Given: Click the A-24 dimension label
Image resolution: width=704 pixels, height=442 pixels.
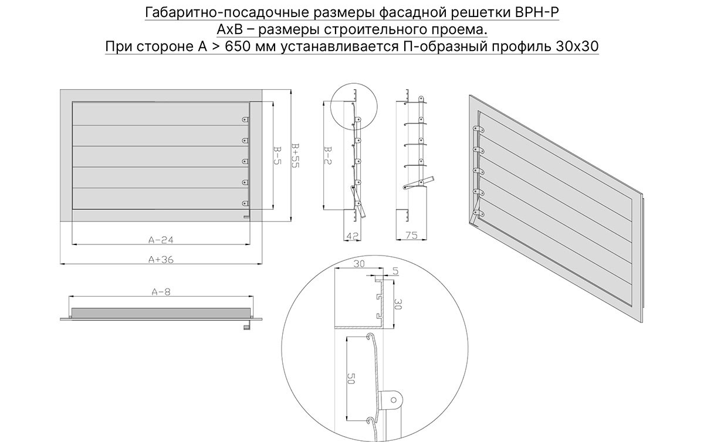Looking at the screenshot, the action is pos(161,240).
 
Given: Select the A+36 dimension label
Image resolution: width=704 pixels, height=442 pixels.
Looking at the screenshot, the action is pos(161,260).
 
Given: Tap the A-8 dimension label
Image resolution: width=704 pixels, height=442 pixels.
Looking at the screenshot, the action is pos(161,292).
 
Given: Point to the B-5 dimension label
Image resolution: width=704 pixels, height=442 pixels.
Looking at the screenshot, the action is pos(277,155).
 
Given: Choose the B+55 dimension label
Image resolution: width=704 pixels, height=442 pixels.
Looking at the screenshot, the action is pos(296,155).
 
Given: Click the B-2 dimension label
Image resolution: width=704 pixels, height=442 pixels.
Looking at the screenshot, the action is pos(327,155).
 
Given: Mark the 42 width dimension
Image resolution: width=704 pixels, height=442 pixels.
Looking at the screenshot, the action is pos(352,236).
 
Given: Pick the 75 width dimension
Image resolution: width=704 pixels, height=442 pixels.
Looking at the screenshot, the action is pos(411,235).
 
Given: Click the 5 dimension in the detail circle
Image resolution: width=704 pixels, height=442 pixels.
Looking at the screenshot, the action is pos(395,271).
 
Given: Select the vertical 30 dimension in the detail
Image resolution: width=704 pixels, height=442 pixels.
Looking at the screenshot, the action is pos(398,304).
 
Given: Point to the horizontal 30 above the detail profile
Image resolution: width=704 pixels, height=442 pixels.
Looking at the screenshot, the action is pos(359,264).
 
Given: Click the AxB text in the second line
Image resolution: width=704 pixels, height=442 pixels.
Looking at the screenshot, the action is pos(230,30).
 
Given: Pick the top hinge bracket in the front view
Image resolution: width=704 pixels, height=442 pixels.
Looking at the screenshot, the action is pos(245,120).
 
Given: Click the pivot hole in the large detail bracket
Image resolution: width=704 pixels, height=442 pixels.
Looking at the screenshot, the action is pos(394,400).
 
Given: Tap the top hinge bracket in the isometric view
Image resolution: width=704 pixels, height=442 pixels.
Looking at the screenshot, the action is pos(478,129).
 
